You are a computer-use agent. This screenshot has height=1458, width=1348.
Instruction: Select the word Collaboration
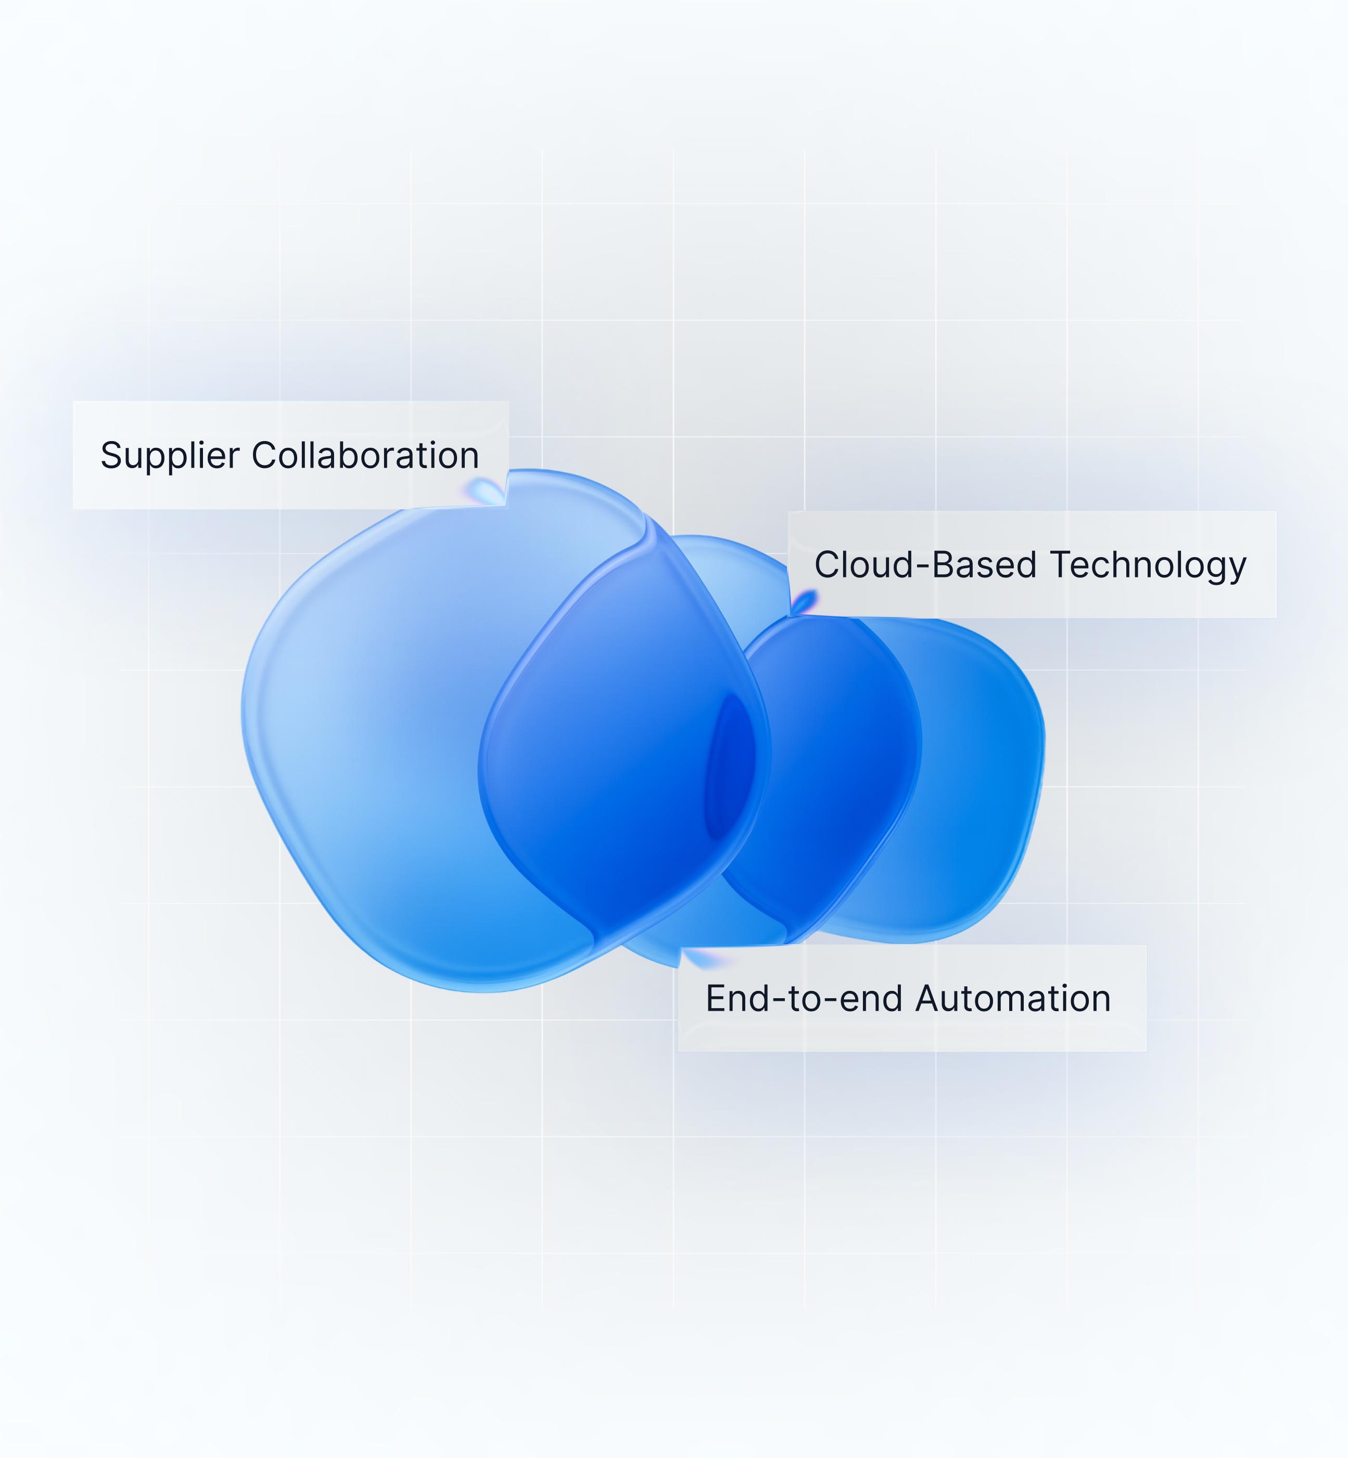point(365,455)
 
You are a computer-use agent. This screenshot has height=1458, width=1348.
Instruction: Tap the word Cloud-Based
point(926,565)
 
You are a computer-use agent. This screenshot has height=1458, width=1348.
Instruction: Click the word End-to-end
point(804,998)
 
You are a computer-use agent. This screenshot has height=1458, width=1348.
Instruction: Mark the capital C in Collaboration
point(265,455)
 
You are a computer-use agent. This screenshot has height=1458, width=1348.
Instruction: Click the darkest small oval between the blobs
point(730,766)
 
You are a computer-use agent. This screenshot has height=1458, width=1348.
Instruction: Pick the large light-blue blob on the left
point(379,730)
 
